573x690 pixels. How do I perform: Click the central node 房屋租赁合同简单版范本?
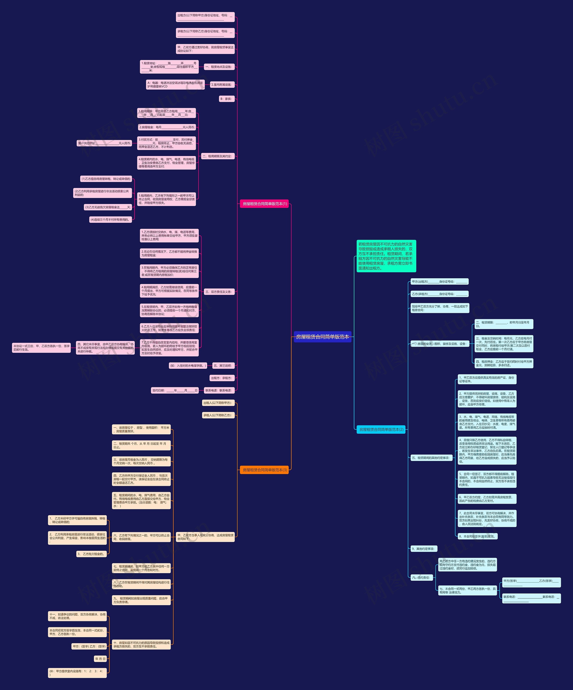(x=322, y=337)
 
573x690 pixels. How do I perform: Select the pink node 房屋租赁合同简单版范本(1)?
(x=265, y=204)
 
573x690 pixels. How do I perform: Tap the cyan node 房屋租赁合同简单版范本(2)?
(x=381, y=429)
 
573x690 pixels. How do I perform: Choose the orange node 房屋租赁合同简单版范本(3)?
(x=265, y=470)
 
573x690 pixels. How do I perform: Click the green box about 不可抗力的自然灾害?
(x=386, y=256)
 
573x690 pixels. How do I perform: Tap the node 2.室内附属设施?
(x=222, y=84)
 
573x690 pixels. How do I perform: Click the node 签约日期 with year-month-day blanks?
(x=175, y=390)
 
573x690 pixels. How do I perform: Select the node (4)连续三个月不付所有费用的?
(x=111, y=219)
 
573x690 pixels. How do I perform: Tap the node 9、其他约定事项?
(x=423, y=549)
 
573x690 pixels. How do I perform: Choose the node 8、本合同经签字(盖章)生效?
(x=477, y=536)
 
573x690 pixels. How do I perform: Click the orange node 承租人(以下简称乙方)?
(x=218, y=415)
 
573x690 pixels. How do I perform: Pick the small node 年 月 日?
(x=100, y=659)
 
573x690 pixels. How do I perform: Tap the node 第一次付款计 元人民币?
(x=104, y=143)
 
